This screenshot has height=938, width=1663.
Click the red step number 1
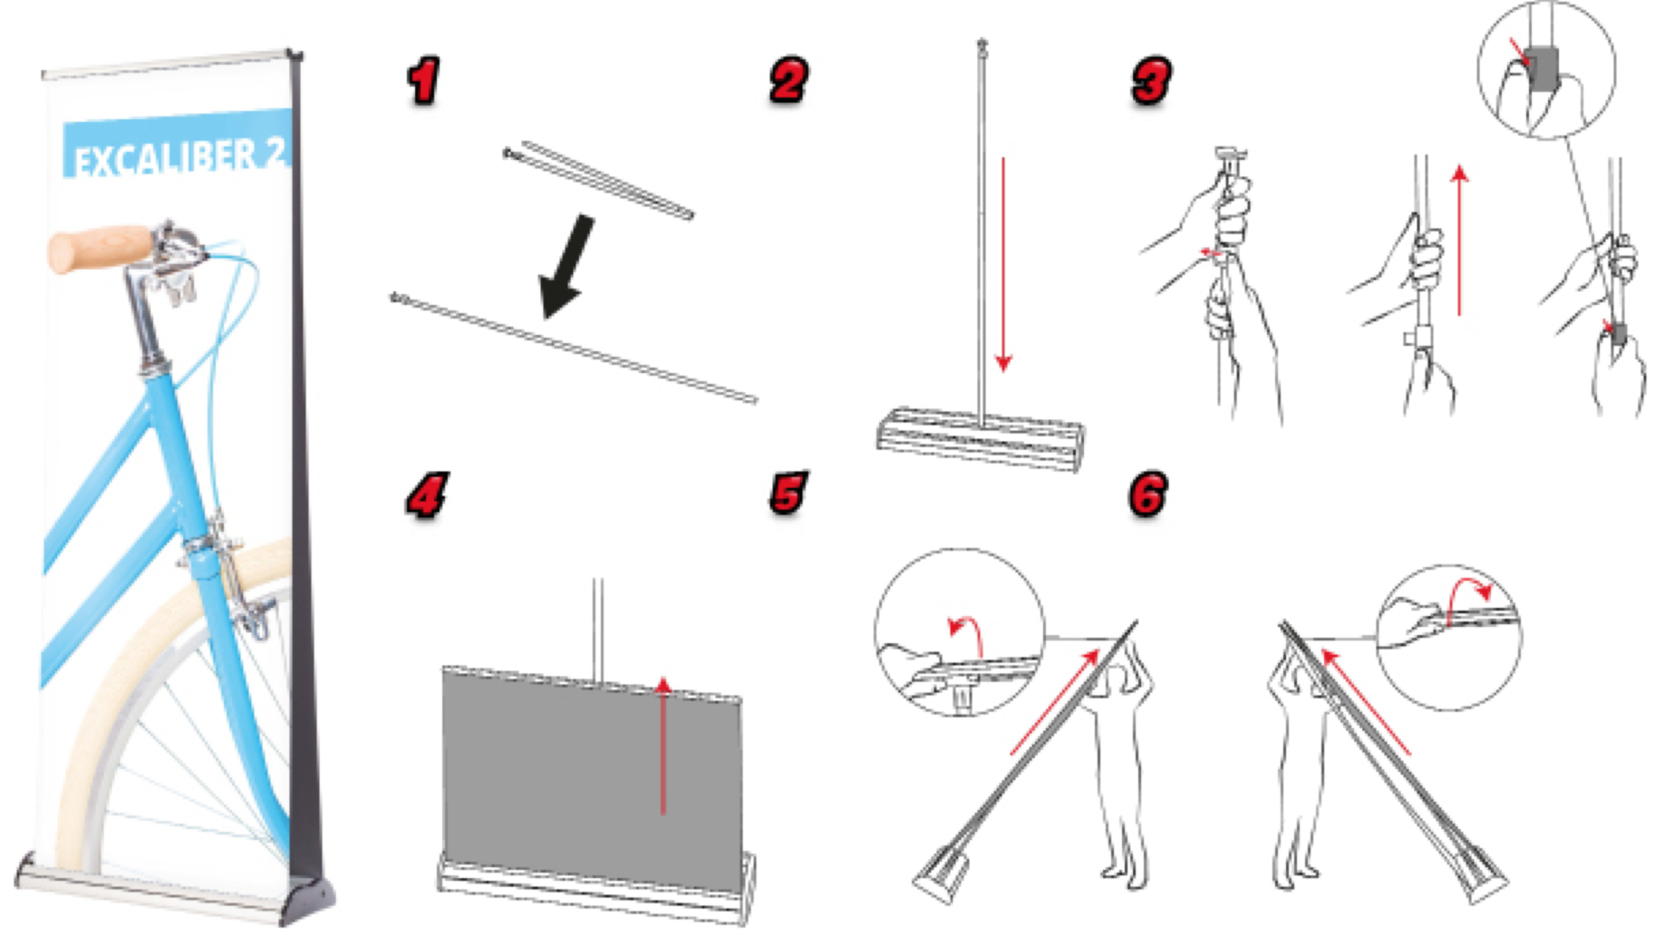(x=423, y=81)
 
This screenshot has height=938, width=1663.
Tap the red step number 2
(x=789, y=80)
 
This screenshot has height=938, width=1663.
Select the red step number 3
(x=1151, y=80)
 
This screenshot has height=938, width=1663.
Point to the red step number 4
(x=427, y=495)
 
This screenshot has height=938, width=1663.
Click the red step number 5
(x=789, y=492)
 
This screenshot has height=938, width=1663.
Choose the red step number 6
(x=1149, y=493)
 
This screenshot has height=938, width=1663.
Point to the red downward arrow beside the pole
(x=1004, y=264)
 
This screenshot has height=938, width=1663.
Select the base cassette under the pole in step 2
(x=981, y=439)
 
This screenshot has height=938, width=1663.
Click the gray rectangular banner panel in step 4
(x=592, y=776)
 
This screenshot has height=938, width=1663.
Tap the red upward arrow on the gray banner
(x=663, y=745)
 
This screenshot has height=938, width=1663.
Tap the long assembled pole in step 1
(x=574, y=349)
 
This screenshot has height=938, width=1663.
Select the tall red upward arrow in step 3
(x=1459, y=241)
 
